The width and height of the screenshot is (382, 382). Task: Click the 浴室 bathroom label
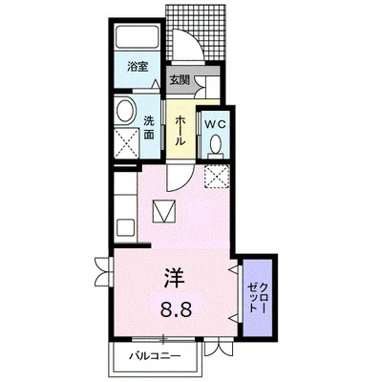tap(138, 67)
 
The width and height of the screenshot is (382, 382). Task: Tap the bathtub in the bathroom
tap(138, 37)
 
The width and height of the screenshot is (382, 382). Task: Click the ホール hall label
tap(180, 131)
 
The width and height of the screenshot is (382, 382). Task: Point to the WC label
tap(215, 124)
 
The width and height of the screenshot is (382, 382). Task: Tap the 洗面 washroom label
tap(148, 128)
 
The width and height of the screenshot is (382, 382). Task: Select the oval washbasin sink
tap(125, 110)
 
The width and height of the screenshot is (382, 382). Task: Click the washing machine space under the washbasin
tap(127, 142)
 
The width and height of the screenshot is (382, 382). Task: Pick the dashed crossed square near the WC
tap(217, 177)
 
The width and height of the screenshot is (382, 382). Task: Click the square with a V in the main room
tap(164, 211)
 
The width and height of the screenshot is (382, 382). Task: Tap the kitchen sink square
tap(125, 227)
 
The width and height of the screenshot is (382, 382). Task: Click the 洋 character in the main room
tap(175, 278)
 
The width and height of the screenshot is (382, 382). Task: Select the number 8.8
tap(176, 308)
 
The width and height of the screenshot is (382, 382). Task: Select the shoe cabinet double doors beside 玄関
tap(201, 86)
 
